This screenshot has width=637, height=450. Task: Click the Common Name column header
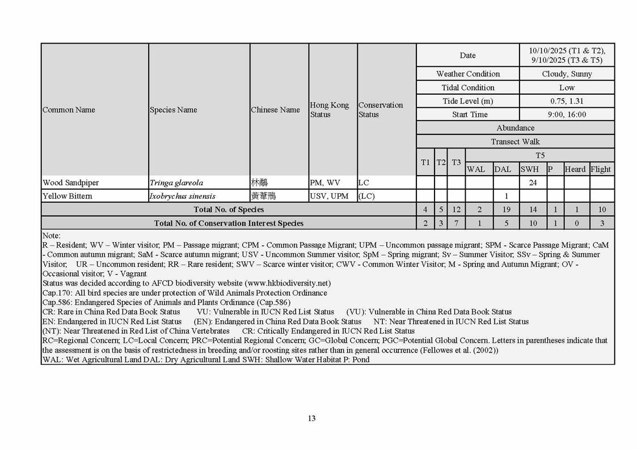tap(69, 110)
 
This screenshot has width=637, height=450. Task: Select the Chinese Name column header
tap(275, 110)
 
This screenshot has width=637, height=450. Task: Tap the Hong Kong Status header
tap(329, 110)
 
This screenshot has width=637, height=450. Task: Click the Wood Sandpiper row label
tap(70, 182)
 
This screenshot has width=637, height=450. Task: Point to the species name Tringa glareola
tap(176, 182)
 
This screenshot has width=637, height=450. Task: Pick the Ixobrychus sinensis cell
tap(182, 196)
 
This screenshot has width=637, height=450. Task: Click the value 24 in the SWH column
tap(533, 182)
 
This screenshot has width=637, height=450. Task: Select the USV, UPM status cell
tap(329, 196)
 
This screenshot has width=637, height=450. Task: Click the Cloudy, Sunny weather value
tap(567, 74)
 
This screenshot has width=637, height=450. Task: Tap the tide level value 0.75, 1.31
tap(567, 101)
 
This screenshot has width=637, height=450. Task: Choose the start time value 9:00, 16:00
tap(567, 114)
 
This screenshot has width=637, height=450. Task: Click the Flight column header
tap(601, 169)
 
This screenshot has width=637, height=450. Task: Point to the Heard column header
tap(575, 169)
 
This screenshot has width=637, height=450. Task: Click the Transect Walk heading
tap(515, 142)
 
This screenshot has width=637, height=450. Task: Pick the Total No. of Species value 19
tap(506, 210)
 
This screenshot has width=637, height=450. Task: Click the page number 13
tap(311, 418)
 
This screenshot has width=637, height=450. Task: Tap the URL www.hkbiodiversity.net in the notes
tap(287, 283)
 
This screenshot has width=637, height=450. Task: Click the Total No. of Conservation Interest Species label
tap(229, 223)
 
